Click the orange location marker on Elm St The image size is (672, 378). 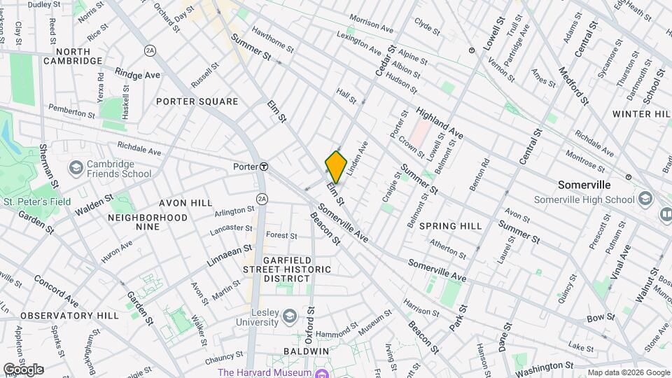(336, 167)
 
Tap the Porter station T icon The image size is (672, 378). (265, 167)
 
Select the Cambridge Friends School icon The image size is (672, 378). (76, 169)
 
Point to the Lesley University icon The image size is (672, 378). (288, 318)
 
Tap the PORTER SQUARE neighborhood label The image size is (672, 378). (197, 101)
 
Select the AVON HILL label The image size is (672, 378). (185, 203)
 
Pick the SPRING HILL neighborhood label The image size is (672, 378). (451, 226)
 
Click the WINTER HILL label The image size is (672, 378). (640, 113)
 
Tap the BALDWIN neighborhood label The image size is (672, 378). (307, 350)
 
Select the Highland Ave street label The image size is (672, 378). (440, 122)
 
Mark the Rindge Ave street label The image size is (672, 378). (138, 74)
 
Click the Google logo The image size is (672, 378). (22, 370)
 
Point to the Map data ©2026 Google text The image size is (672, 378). (628, 372)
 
